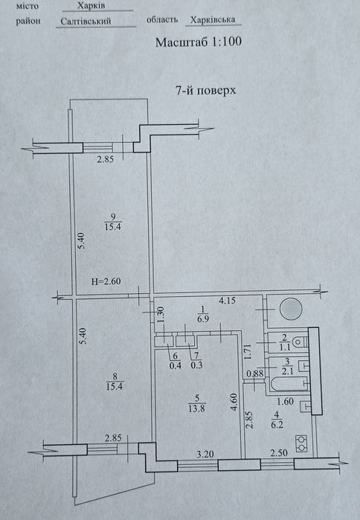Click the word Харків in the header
(91, 5)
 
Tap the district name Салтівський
(86, 22)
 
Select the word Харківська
(213, 20)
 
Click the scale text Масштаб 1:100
(199, 42)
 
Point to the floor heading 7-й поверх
(205, 90)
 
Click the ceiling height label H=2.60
(106, 281)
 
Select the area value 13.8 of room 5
(196, 408)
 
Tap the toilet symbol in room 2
(300, 341)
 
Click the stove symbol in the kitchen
(301, 443)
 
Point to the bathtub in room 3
(288, 385)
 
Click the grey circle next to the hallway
(291, 309)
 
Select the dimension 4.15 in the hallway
(227, 301)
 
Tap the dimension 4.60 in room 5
(234, 402)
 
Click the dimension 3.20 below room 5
(205, 454)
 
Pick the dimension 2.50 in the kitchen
(279, 453)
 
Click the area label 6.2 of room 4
(277, 425)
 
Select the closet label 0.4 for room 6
(176, 365)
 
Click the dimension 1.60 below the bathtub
(286, 401)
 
